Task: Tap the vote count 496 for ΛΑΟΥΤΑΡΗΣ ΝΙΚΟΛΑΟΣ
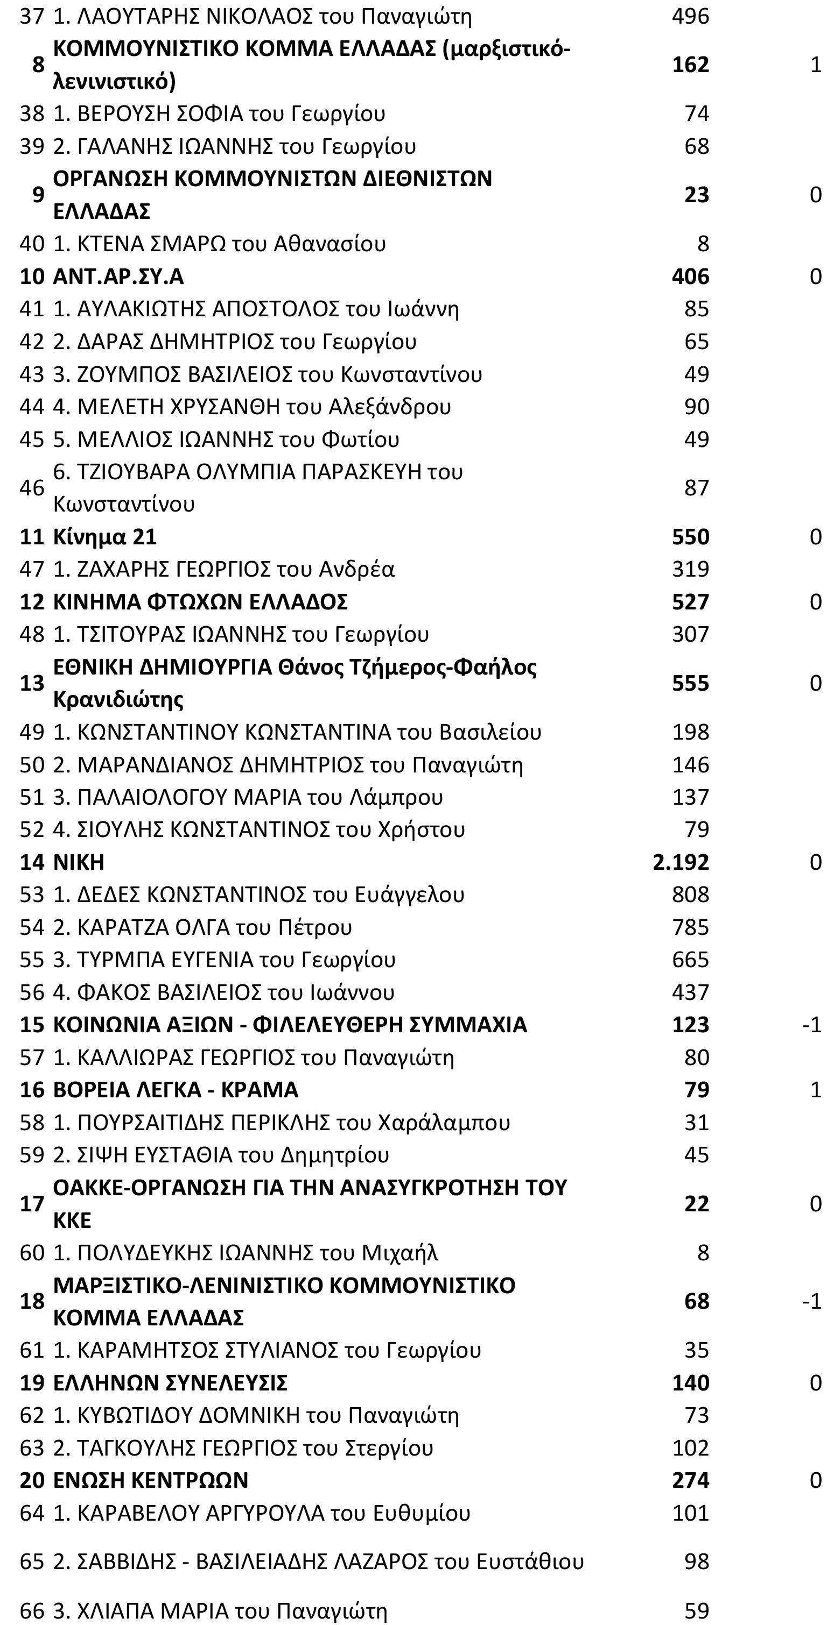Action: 691,16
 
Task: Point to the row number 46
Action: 32,488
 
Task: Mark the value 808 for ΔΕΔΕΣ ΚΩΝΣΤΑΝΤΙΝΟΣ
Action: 691,895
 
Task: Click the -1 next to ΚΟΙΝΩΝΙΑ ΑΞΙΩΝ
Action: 811,1025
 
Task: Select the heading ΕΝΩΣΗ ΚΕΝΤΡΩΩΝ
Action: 150,1480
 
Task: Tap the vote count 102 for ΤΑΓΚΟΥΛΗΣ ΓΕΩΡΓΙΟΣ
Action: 691,1447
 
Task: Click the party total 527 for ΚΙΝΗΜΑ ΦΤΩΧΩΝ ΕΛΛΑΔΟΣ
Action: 691,602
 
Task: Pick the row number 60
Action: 32,1252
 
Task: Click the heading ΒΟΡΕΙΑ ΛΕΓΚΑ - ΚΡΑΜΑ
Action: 176,1089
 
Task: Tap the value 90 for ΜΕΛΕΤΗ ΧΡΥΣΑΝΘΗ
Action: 696,406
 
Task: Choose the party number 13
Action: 32,683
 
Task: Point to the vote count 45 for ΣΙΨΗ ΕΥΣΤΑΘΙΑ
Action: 696,1154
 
